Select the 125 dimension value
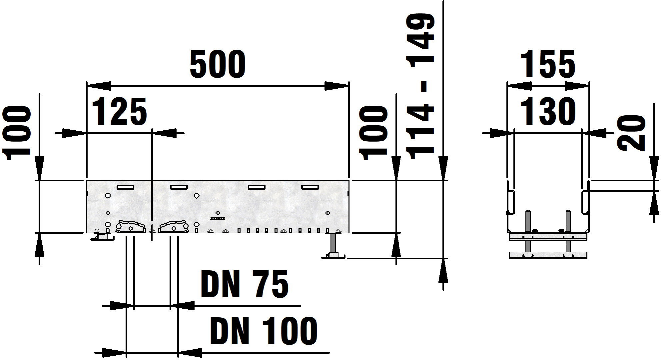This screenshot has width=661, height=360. click(x=119, y=111)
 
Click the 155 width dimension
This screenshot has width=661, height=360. click(x=548, y=64)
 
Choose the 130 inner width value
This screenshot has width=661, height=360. click(x=548, y=111)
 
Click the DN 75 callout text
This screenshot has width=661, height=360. click(x=245, y=284)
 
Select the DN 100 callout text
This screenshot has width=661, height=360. click(x=264, y=331)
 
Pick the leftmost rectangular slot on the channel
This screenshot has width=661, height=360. click(x=125, y=187)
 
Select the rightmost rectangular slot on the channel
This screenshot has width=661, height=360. click(x=310, y=187)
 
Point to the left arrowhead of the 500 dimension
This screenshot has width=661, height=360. click(x=99, y=86)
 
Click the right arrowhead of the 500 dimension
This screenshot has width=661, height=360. click(x=337, y=86)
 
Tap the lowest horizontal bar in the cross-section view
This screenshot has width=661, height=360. click(x=548, y=255)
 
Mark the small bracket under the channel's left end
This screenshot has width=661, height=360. click(x=102, y=237)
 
